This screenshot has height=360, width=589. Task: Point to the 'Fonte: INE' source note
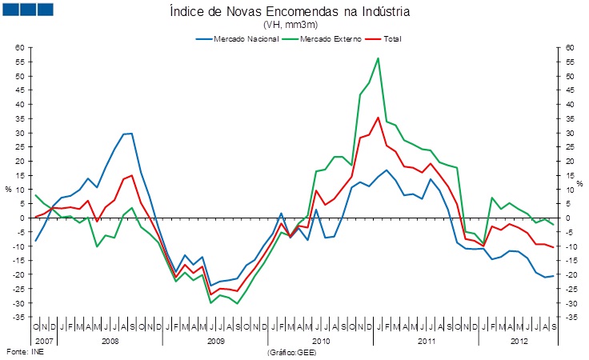pos(23,351)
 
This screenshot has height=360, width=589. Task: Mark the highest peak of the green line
pos(378,58)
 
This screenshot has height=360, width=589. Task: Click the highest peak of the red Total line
pos(378,118)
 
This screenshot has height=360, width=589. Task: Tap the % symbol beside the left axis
pos(9,190)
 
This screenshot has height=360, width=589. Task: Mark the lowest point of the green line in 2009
pos(237,304)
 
